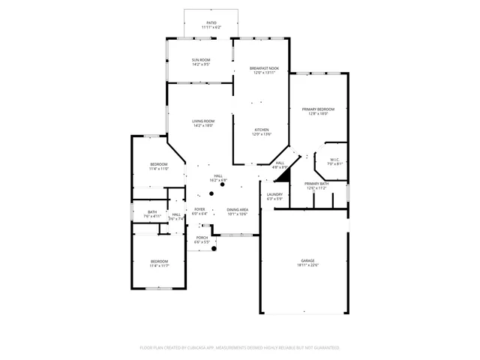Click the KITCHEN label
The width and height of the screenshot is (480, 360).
click(x=261, y=131)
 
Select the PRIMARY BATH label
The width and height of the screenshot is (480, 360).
click(x=316, y=185)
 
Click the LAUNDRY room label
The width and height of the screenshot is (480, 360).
click(x=274, y=196)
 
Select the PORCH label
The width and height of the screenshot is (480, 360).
click(x=202, y=240)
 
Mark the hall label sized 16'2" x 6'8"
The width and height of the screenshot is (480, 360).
click(x=218, y=178)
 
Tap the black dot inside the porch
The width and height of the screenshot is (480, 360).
click(x=214, y=249)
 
